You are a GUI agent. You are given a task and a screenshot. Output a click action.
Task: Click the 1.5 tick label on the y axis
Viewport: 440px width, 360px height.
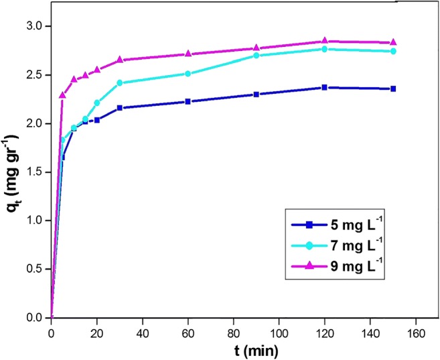[x=34, y=172]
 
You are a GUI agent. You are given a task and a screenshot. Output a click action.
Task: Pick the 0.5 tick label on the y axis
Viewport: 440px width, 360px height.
[x=34, y=269]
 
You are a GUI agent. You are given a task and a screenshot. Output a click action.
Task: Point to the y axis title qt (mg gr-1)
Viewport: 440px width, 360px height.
[x=13, y=171]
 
